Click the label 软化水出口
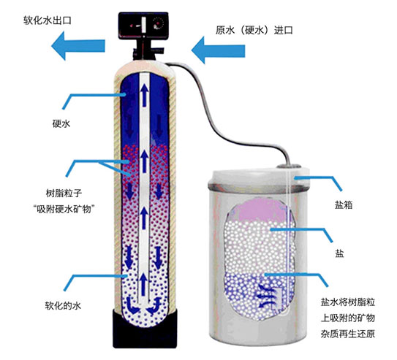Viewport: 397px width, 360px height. click(48, 20)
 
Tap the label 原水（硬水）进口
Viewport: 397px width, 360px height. click(254, 31)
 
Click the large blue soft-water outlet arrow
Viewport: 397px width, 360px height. click(78, 46)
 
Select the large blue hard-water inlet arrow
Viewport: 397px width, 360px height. click(219, 50)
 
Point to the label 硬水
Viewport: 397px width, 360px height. click(61, 123)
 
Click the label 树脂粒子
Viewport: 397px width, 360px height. click(64, 194)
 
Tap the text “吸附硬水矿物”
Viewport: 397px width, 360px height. click(64, 209)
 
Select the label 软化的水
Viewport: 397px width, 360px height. click(63, 306)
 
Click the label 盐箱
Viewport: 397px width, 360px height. click(344, 204)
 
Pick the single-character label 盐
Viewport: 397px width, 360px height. click(339, 253)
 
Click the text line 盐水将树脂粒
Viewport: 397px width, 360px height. click(348, 302)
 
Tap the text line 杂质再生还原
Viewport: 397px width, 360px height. click(348, 334)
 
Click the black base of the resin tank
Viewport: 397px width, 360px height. click(145, 329)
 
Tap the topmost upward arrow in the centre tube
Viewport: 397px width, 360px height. click(145, 95)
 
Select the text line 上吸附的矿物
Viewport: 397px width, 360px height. click(348, 318)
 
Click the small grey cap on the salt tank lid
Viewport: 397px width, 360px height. click(289, 166)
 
